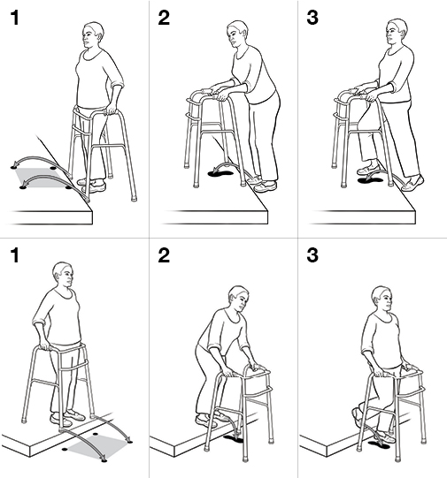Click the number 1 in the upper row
[14, 18]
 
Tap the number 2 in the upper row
[165, 18]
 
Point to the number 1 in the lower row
[14, 257]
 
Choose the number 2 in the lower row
[165, 257]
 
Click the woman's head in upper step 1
[92, 36]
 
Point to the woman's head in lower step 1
[61, 275]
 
